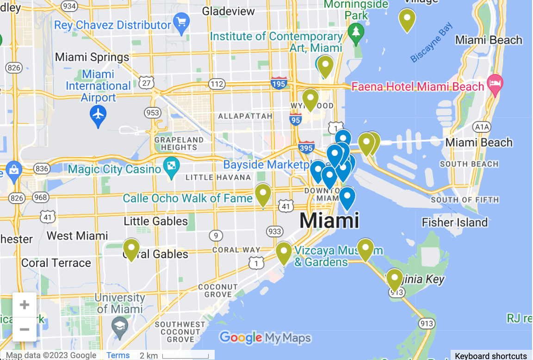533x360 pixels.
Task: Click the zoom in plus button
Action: (25, 305)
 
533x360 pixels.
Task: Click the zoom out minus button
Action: (25, 329)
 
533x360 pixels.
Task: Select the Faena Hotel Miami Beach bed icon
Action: (496, 85)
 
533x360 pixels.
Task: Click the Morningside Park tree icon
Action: (356, 32)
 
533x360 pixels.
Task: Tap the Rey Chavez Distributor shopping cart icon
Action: (180, 21)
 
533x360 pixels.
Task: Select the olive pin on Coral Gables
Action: (131, 248)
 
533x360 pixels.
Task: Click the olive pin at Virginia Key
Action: (395, 279)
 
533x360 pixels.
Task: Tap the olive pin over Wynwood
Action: (310, 99)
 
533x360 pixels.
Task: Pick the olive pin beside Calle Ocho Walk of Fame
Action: (263, 194)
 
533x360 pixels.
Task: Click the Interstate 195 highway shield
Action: (279, 83)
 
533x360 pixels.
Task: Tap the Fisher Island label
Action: (455, 223)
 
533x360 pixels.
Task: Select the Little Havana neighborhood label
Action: (218, 177)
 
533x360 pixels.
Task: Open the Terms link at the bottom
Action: (118, 355)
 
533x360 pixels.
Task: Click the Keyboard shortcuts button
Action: (491, 356)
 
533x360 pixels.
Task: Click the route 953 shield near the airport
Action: (152, 112)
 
